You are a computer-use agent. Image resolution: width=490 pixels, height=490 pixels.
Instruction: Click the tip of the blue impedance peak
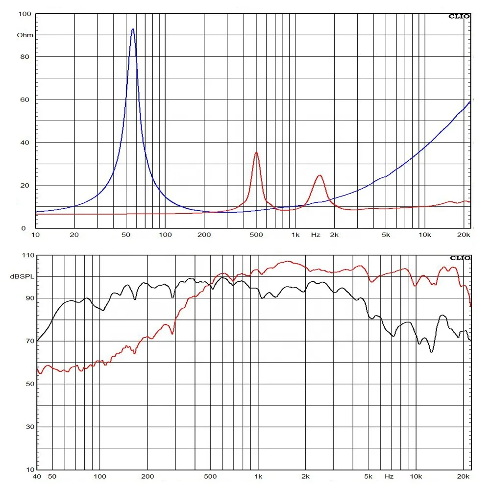coord(132,29)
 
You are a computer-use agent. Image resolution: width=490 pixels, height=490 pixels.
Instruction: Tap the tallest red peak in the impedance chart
coord(256,152)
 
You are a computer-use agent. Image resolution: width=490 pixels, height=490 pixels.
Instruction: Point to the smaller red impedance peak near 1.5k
coord(319,175)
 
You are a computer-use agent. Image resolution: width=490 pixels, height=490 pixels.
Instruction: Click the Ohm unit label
coord(25,35)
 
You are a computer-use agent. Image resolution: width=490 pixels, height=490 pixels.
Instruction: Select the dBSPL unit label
coord(20,277)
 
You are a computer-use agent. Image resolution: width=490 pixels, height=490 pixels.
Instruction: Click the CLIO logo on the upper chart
coord(459,16)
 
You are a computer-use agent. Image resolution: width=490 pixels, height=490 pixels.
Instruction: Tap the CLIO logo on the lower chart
coord(459,258)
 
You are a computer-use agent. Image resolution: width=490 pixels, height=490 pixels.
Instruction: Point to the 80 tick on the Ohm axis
coord(25,57)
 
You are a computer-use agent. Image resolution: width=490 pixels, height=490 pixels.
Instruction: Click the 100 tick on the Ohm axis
coord(24,14)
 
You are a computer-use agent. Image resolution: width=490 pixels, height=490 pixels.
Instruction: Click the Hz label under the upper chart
coord(316,235)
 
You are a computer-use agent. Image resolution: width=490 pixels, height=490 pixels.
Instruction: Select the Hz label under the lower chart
coord(389,476)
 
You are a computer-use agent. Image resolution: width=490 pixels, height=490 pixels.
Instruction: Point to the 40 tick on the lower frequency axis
coord(36,476)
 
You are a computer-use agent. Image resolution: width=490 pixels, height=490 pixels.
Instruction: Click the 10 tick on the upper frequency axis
coord(35,235)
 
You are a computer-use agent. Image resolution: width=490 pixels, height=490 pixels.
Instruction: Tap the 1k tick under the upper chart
coord(295,235)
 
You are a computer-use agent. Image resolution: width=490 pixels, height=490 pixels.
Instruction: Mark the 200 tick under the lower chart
coord(147,476)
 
